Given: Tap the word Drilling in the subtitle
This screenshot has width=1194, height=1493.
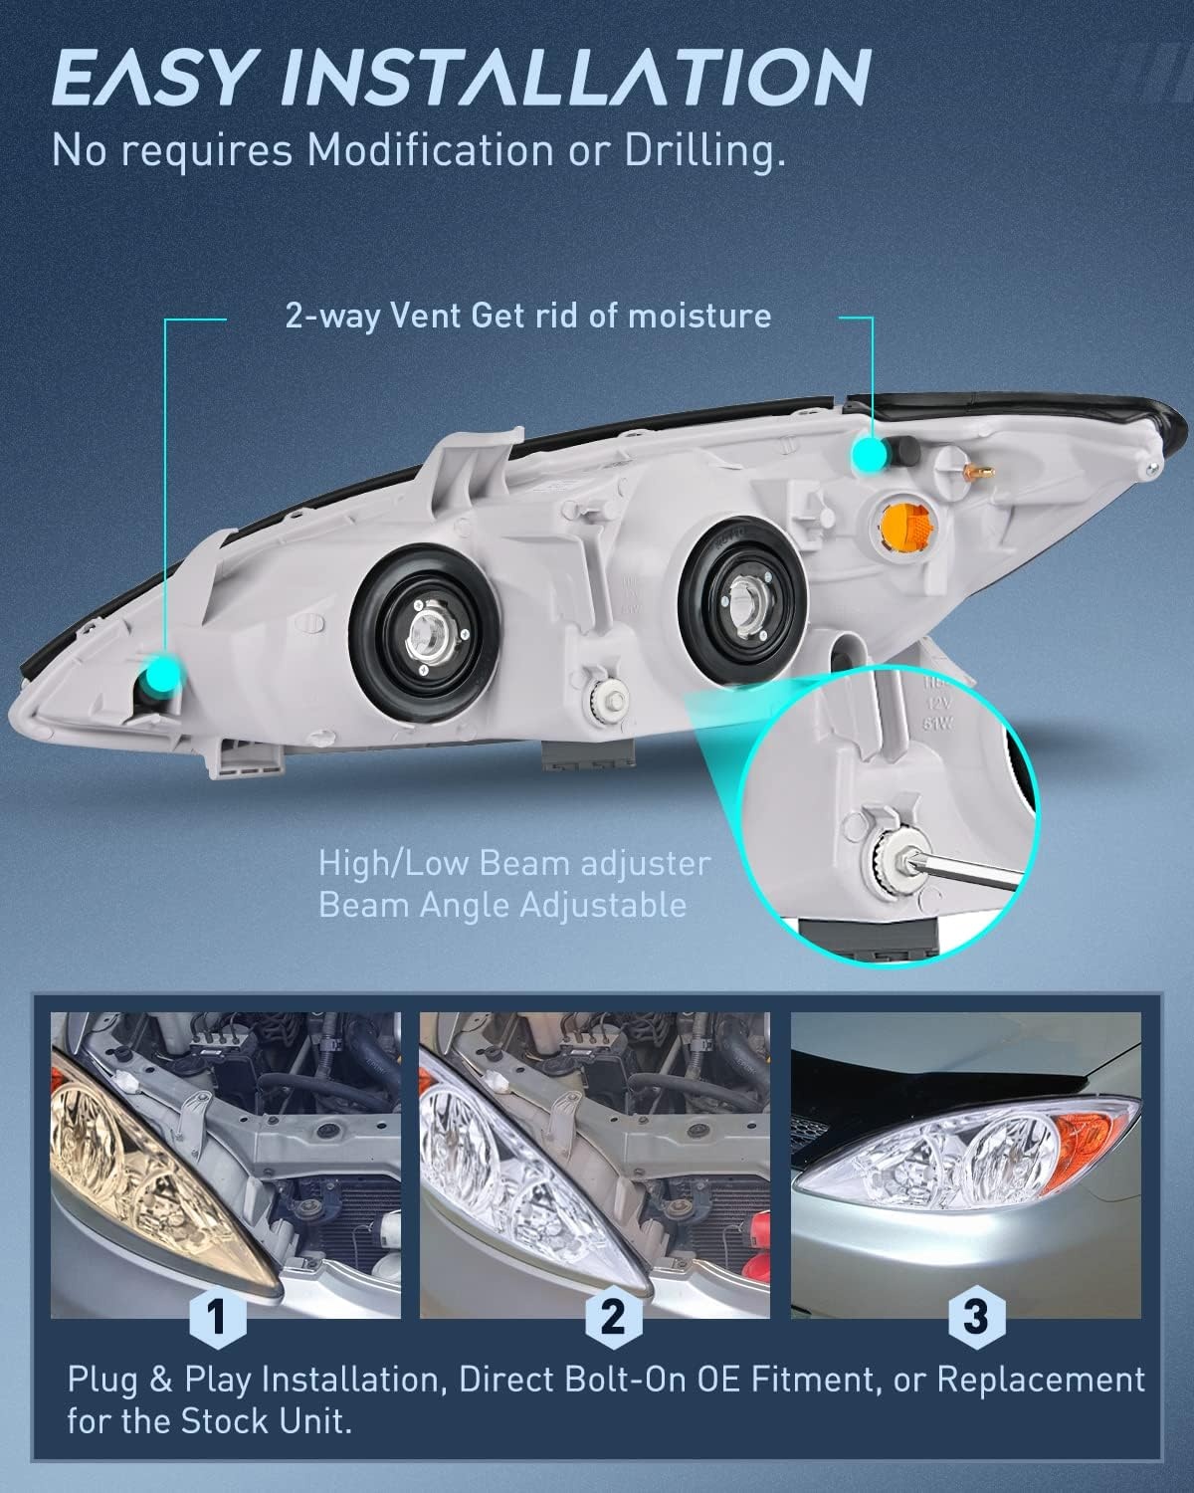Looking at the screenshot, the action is pyautogui.click(x=705, y=151).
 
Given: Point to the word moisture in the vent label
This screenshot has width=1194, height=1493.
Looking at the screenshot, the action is pyautogui.click(x=699, y=317).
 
